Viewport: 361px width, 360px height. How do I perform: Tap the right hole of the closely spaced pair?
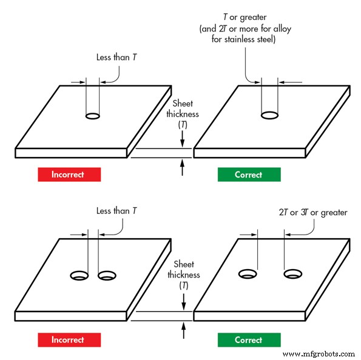pos(107,276)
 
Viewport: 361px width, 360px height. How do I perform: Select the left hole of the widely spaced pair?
pos(248,275)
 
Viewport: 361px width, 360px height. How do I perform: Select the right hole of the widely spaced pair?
pos(293,275)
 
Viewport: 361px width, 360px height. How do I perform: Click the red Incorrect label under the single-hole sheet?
pos(69,175)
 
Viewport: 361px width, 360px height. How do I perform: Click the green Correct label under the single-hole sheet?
pos(249,175)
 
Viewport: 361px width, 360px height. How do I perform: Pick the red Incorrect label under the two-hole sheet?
pos(69,340)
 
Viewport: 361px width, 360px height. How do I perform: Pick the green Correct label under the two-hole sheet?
pos(249,340)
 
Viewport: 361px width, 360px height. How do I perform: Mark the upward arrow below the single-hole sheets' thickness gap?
pos(183,167)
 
